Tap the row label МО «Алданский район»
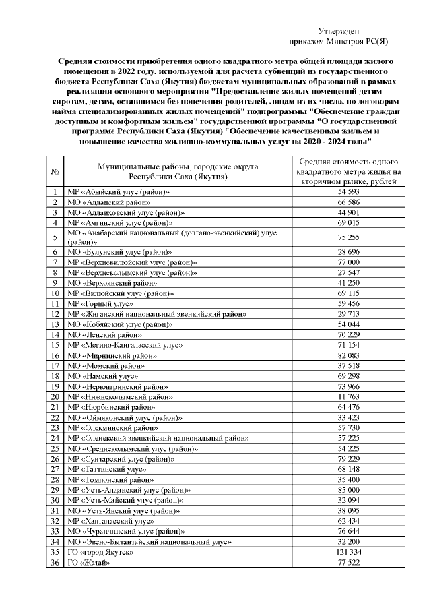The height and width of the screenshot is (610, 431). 108,202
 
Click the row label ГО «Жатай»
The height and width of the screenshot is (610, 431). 88,562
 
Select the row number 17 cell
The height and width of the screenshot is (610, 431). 54,365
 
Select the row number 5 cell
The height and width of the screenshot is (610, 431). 54,237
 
